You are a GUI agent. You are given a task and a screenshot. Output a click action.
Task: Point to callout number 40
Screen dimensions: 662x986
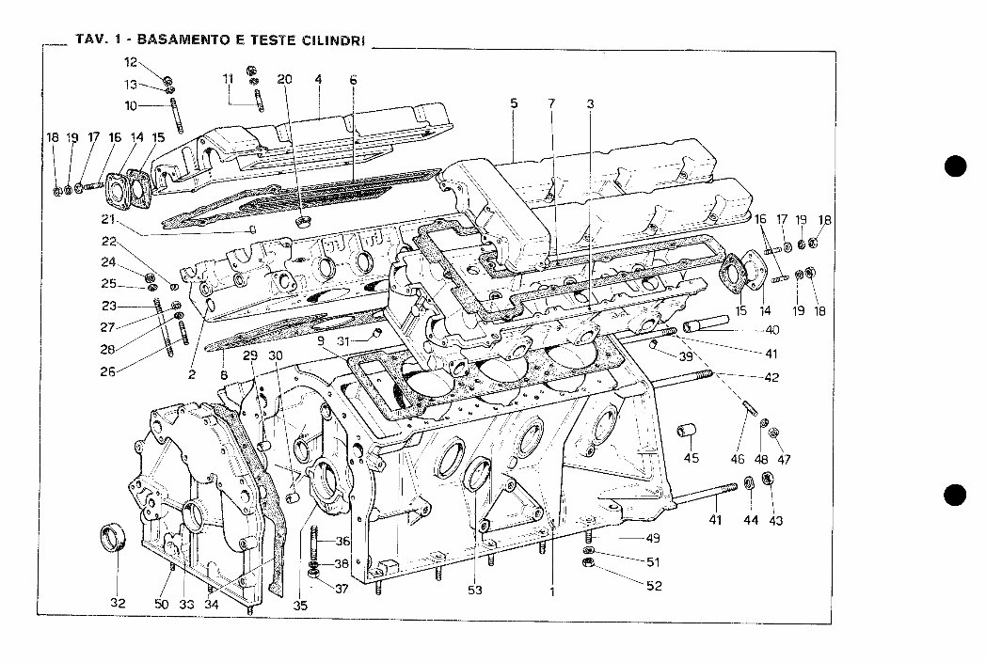(771, 330)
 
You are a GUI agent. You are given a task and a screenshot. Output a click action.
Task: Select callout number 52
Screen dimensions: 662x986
(653, 585)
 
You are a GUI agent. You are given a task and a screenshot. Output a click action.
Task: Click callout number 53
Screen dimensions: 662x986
(476, 591)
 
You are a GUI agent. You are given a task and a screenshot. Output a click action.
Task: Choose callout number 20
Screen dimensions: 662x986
(285, 79)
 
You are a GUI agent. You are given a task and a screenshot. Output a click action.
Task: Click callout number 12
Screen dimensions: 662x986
(131, 62)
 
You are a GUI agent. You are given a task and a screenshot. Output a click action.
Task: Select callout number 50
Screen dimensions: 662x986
(161, 604)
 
